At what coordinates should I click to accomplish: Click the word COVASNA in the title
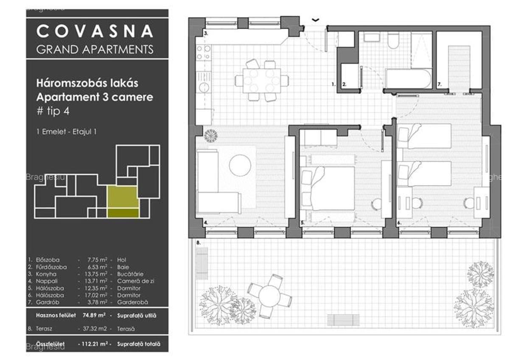point(95,31)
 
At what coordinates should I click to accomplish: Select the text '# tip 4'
point(53,112)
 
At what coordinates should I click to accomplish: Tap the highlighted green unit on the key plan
point(123,201)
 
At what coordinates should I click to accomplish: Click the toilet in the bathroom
point(393,41)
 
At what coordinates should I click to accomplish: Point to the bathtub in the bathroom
point(408,78)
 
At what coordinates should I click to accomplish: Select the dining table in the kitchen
point(262,80)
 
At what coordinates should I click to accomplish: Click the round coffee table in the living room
point(240,165)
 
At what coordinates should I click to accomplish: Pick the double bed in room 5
point(327,188)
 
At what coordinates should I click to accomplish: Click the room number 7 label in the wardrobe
point(440,85)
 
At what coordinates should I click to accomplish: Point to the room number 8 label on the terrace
point(199,243)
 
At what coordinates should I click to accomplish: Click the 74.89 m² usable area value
point(94,315)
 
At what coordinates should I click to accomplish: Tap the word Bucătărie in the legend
point(130,274)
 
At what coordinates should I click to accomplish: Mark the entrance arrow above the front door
point(315,20)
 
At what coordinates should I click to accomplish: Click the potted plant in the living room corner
point(210,136)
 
